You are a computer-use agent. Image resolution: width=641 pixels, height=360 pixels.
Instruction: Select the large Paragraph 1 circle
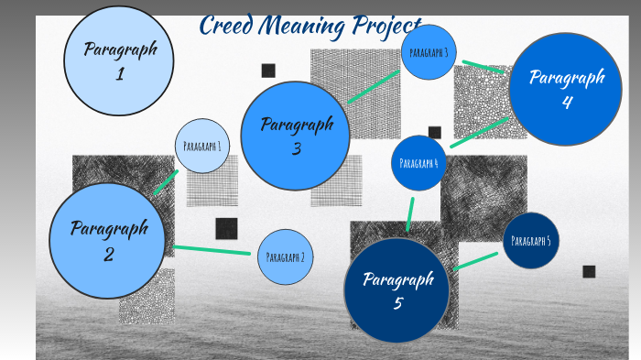coord(118,60)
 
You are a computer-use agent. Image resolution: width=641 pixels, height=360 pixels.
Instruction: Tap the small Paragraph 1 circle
coord(201,146)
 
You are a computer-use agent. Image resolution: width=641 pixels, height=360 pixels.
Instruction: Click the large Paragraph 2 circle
coord(108,241)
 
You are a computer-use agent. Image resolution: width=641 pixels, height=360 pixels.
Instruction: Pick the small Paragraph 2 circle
coord(285,257)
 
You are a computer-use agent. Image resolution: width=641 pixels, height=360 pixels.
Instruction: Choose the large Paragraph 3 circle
coord(295,136)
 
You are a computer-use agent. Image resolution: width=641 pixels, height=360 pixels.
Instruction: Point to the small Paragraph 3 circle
coord(429,52)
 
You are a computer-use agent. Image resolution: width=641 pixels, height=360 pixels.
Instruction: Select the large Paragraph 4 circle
coord(565,89)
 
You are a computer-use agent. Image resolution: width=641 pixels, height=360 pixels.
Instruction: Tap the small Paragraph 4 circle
coord(418,163)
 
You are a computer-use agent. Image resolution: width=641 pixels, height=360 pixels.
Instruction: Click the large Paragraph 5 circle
coord(397,290)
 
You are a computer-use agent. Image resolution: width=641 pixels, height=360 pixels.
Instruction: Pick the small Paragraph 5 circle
coord(531,241)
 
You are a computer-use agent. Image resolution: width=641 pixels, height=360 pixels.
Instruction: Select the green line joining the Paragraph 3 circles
coord(373,87)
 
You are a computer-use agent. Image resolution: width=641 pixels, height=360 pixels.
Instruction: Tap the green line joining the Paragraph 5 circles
coord(475,261)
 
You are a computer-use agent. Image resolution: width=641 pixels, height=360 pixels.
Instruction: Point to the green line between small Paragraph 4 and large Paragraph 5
coord(409,214)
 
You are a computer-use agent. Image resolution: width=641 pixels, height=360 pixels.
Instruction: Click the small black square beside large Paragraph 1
coord(268,71)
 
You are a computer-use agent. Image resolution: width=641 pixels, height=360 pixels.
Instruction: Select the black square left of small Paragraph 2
coord(226,228)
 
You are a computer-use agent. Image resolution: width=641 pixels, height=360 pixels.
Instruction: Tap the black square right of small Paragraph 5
coord(589,271)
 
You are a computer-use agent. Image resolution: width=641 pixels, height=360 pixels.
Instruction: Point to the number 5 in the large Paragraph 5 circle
coord(398,303)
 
